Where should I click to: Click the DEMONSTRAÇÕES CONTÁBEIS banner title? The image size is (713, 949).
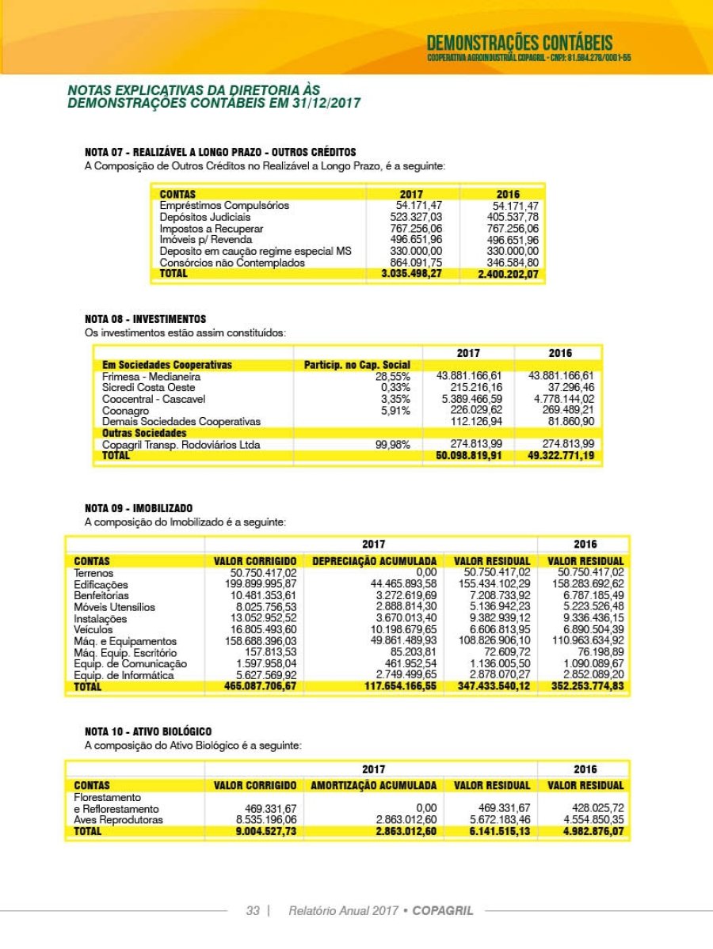coord(519,43)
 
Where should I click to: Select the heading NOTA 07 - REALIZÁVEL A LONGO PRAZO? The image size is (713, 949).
coord(220,152)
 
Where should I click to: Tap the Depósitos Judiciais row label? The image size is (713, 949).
coord(204,217)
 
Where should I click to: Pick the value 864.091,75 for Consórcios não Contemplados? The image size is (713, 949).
coord(416,263)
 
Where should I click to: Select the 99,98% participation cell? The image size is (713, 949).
coord(393,445)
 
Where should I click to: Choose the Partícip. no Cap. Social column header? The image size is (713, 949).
coord(357,365)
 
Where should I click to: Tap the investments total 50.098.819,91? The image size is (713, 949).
coord(469,457)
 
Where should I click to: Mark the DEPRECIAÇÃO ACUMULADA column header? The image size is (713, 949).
coord(374,561)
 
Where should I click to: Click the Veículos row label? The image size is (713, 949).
coord(93,629)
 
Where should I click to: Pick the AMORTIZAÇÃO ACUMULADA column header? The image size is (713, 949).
coord(374,785)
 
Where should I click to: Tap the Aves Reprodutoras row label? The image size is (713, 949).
coord(118,820)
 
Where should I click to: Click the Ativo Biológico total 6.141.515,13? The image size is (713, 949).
coord(492,832)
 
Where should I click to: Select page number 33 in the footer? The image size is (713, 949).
coord(253,911)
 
